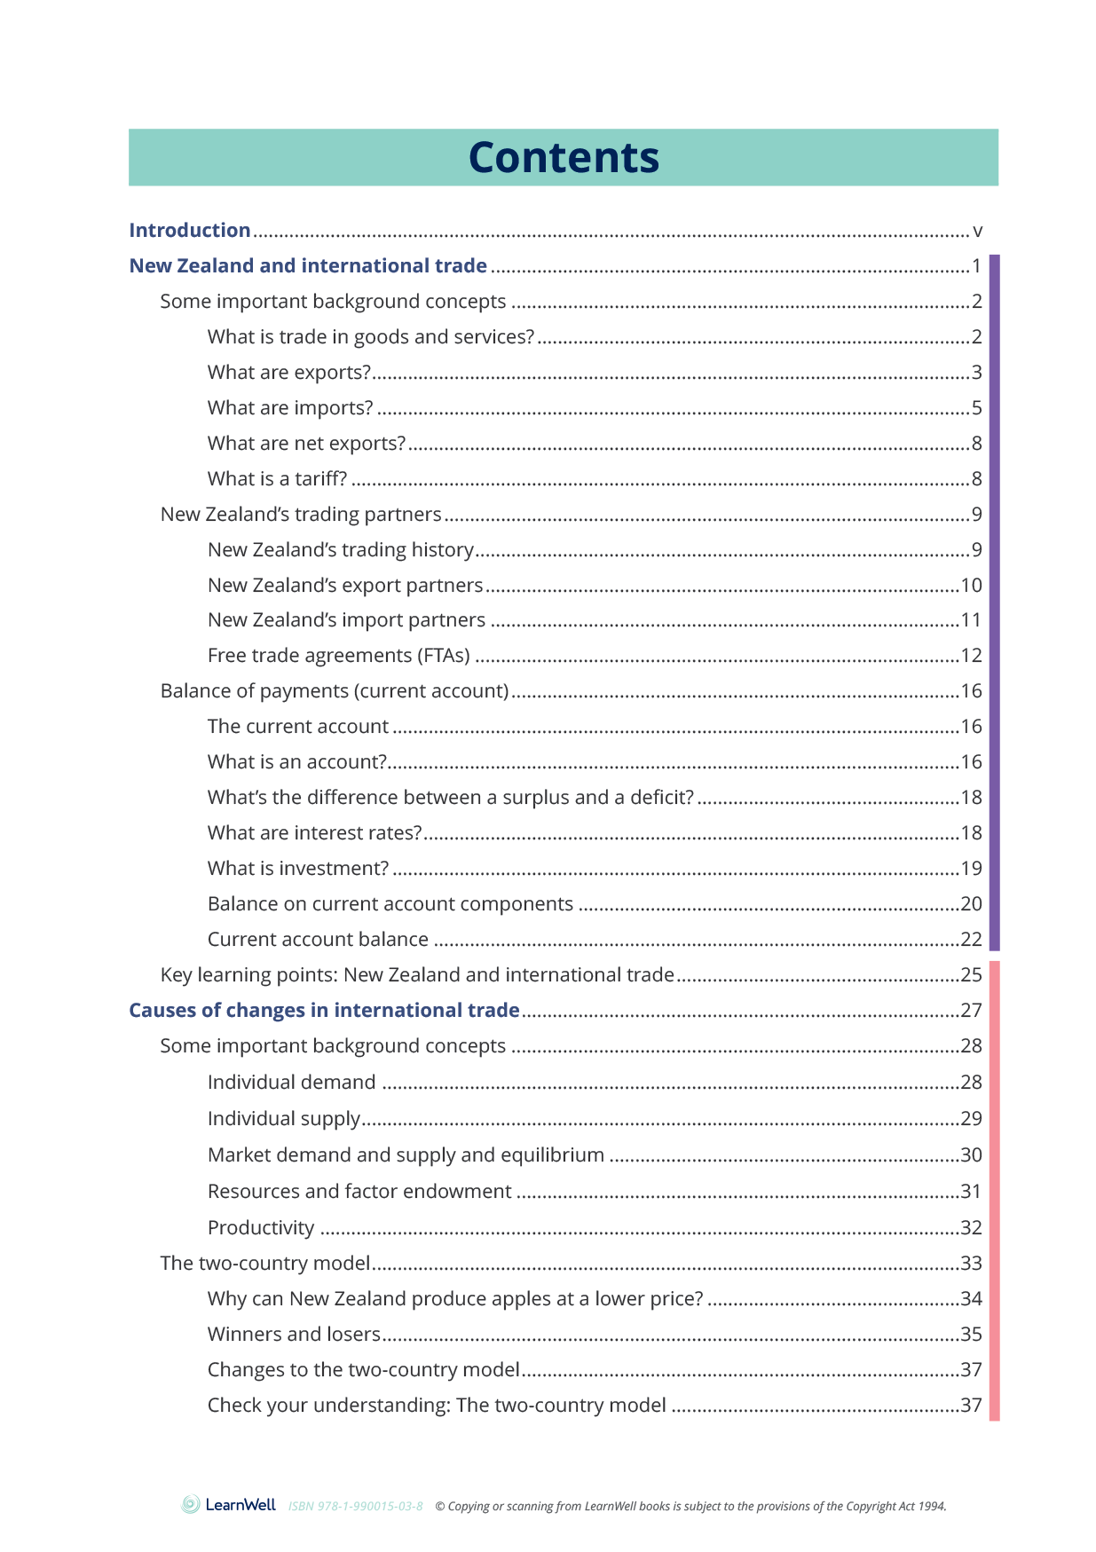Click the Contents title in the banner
[x=564, y=158]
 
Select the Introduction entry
[x=190, y=231]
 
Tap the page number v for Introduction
[x=977, y=232]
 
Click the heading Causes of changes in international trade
[x=324, y=1011]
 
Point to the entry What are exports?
[x=288, y=373]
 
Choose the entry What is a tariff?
[x=277, y=479]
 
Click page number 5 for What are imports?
[x=976, y=408]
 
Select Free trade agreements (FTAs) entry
[x=338, y=656]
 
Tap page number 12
[x=971, y=656]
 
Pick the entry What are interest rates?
[x=314, y=833]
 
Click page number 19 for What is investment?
[x=971, y=869]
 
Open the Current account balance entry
[x=318, y=940]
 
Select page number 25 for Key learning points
[x=971, y=975]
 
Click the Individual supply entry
[x=284, y=1119]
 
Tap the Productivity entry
[x=261, y=1228]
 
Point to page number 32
[x=971, y=1228]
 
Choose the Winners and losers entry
[x=294, y=1335]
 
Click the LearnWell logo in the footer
[x=229, y=1505]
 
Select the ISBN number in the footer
[x=355, y=1507]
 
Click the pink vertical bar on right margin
[x=994, y=1189]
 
